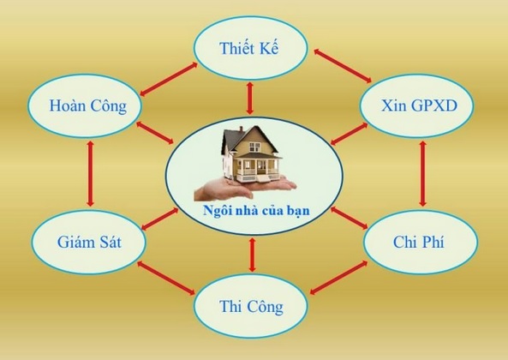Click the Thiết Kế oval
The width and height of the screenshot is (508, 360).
250,48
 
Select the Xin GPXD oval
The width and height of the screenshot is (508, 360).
416,105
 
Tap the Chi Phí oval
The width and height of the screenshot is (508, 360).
421,242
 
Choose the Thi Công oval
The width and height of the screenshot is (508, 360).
251,306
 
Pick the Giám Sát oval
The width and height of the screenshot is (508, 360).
88,242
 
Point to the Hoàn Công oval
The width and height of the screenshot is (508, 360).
85,105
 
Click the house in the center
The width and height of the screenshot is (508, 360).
251,154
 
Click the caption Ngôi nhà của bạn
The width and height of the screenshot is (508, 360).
256,210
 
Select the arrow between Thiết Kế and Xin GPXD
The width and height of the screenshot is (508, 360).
343,66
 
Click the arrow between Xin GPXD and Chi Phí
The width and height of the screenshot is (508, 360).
422,173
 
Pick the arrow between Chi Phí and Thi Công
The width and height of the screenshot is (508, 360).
338,278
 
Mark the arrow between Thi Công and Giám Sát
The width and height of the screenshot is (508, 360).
166,278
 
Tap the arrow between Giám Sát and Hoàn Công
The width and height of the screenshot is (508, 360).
91,173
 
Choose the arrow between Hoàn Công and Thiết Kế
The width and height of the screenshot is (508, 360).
169,79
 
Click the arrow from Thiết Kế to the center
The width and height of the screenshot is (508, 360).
249,98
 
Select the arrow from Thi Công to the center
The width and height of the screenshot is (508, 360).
253,255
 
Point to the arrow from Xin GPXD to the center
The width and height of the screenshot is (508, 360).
350,134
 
